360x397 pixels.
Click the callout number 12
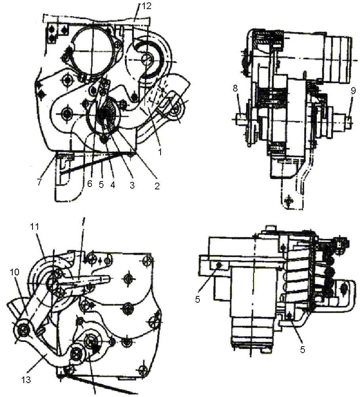(x=146, y=6)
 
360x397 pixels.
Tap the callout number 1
(x=160, y=152)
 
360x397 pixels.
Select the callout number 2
(x=157, y=186)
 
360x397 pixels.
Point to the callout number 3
(x=132, y=185)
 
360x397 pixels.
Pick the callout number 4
(x=113, y=185)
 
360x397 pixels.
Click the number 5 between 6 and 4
(x=101, y=185)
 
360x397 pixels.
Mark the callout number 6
(x=90, y=183)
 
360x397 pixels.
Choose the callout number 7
(x=40, y=182)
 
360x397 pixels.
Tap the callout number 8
(x=236, y=88)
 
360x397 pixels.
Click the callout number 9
(x=353, y=91)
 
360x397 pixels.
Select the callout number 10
(x=15, y=272)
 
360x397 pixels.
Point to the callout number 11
(x=35, y=227)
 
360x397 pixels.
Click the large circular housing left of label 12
(x=93, y=52)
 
